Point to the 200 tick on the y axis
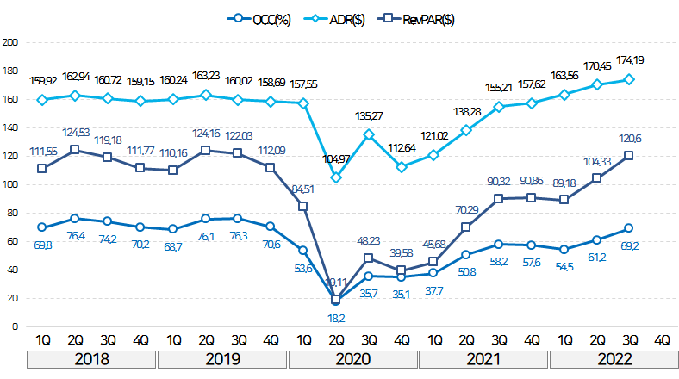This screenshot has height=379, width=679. pos(10,41)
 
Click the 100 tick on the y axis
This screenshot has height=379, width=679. pos(10,184)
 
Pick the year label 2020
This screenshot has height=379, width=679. pos(353,358)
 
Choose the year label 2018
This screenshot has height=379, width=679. pos(90,358)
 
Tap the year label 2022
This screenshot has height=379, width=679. pos(614,358)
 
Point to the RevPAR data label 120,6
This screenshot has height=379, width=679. pos(630,139)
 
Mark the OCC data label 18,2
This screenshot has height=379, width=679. pos(336,318)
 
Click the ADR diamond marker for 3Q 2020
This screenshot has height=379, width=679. pos(368,134)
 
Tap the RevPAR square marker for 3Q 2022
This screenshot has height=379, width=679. pos(630,155)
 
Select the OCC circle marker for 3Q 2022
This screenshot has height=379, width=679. pos(630,228)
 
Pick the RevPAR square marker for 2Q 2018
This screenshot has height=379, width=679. pos(74,149)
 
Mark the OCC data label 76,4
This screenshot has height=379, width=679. pos(75,236)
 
